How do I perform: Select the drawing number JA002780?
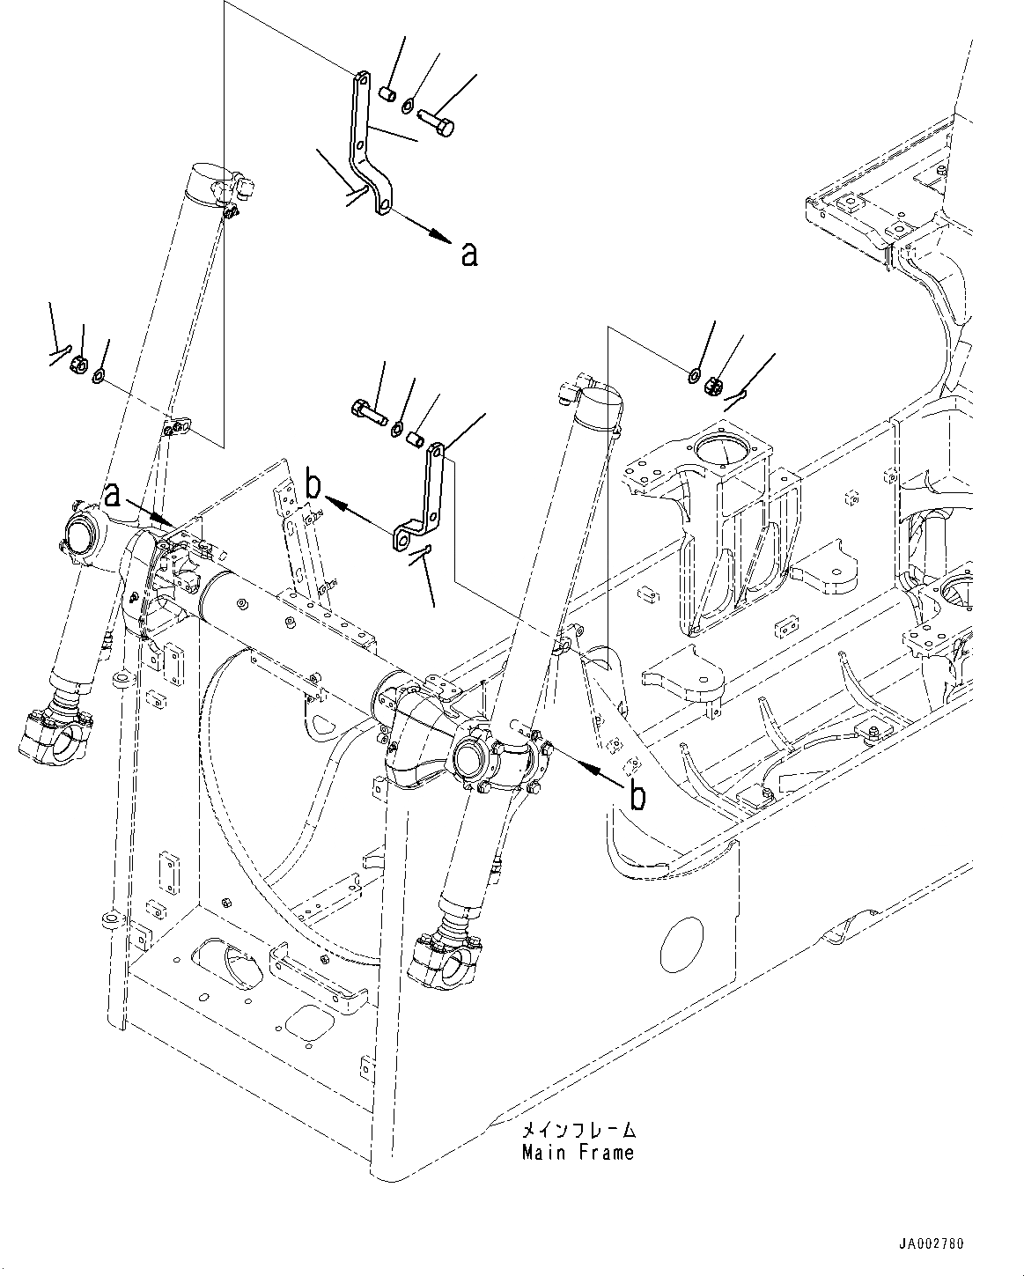(x=932, y=1244)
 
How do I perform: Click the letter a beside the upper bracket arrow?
(x=469, y=254)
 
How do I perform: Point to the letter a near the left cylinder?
(x=112, y=495)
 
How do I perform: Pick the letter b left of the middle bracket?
(x=313, y=484)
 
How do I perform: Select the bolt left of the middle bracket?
(x=367, y=409)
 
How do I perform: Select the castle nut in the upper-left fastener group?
(x=78, y=363)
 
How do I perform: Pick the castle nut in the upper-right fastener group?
(x=714, y=384)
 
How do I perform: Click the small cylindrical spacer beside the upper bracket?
(x=387, y=92)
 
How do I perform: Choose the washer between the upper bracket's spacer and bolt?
(x=406, y=106)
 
